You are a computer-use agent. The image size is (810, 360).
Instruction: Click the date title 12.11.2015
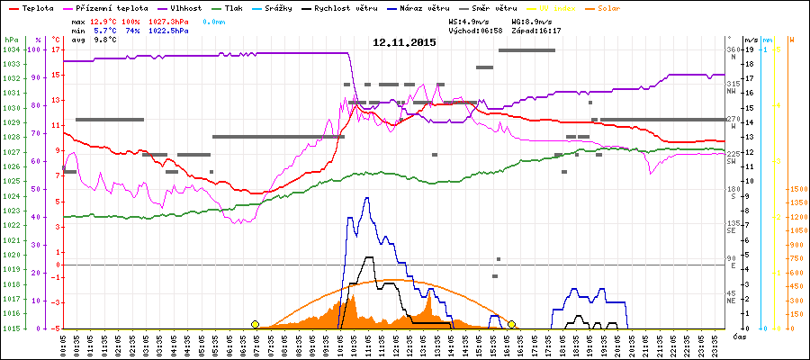click(404, 42)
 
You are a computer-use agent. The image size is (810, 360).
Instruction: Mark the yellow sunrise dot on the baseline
click(255, 324)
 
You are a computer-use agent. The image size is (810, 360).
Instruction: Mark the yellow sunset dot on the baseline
click(511, 324)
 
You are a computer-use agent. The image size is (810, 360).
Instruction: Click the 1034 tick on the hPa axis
click(11, 49)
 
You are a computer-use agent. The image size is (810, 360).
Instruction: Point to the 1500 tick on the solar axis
click(798, 189)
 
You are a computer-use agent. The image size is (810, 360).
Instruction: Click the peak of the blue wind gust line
click(366, 197)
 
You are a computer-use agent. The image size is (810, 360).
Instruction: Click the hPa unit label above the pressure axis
click(10, 40)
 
